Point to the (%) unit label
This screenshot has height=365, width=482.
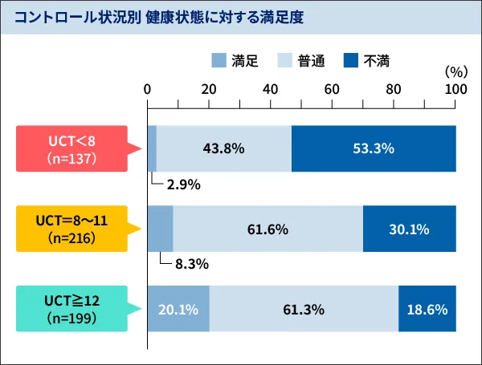455,71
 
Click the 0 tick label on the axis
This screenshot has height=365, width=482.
148,89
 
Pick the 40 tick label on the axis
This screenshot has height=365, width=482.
271,89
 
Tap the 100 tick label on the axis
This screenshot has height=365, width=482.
455,89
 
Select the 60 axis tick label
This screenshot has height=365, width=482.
333,89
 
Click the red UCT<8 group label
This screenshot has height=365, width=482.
71,148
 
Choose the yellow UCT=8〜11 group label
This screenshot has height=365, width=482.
71,229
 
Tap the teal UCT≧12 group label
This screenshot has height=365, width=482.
71,309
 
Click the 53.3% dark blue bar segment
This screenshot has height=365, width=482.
374,148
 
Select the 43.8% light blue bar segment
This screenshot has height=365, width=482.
224,148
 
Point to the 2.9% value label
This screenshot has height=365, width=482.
183,185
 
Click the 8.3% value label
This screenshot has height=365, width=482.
183,264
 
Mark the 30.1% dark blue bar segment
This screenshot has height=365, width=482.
409,229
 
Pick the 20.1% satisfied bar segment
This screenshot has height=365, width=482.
178,309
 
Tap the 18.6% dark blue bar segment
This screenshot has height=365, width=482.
427,309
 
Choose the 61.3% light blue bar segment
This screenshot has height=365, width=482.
304,309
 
